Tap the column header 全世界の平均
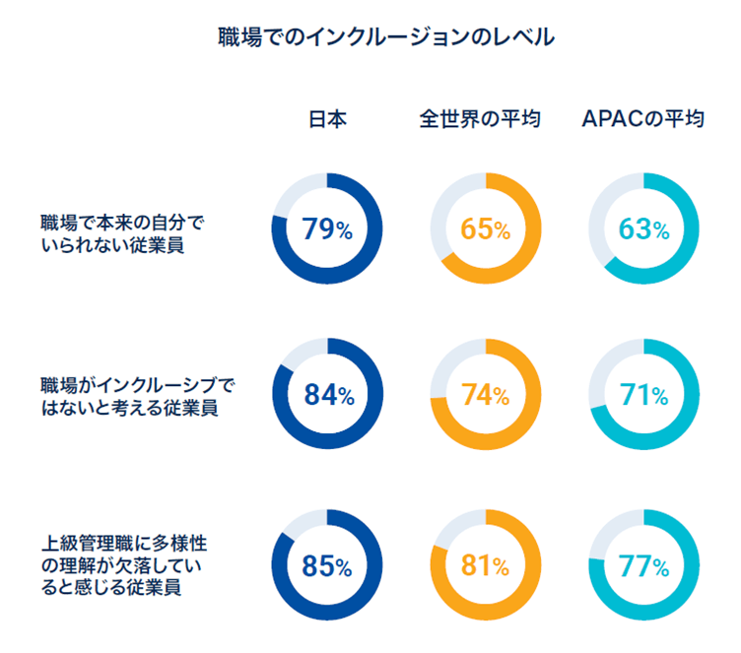click(x=485, y=120)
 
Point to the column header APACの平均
click(x=642, y=120)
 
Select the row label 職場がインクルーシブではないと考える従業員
click(x=139, y=395)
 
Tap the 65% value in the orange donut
click(x=485, y=230)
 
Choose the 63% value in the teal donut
click(x=643, y=230)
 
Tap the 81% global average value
click(x=485, y=566)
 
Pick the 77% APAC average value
click(x=643, y=566)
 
